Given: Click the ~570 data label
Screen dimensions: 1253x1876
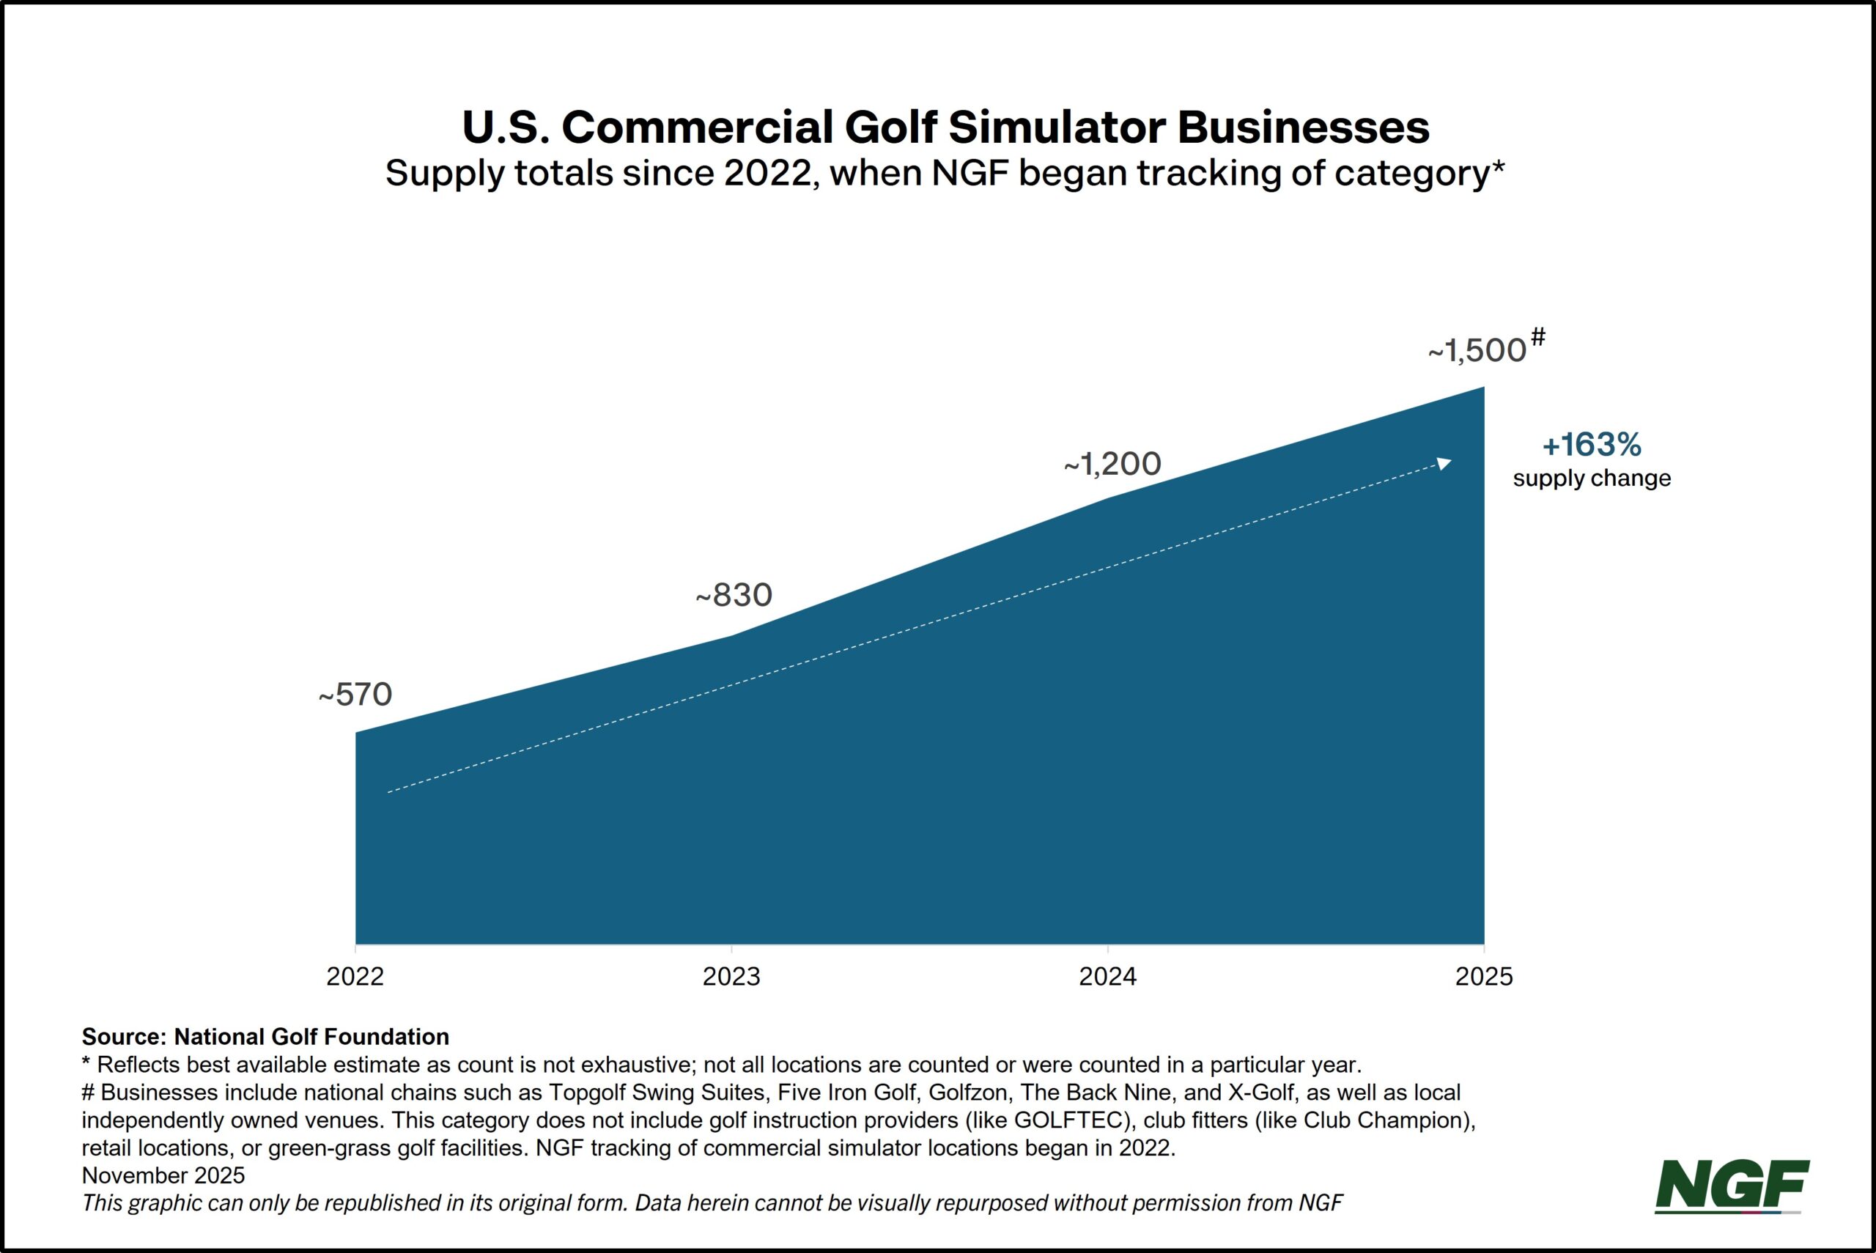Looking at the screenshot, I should click(x=355, y=695).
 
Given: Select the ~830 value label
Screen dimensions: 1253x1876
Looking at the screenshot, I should click(x=734, y=594).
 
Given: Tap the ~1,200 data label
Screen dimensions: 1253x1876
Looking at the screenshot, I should click(x=1112, y=465).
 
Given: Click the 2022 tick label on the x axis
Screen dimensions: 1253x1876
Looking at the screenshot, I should click(x=355, y=977).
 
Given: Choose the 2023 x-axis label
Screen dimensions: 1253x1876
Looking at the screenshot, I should click(x=732, y=977).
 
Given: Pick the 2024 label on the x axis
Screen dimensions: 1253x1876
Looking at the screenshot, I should click(x=1108, y=977).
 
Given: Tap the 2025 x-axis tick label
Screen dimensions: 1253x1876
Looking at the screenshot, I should click(x=1485, y=977).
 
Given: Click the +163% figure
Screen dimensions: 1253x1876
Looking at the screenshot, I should click(x=1592, y=445).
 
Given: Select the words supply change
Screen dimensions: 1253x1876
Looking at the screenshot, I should click(x=1592, y=478).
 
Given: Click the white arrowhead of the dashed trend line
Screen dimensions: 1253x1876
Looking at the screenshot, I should click(x=1444, y=462).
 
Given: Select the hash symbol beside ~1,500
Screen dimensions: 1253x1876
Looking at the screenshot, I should click(x=1538, y=338).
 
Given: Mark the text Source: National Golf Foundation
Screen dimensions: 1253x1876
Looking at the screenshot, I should click(x=265, y=1036).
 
